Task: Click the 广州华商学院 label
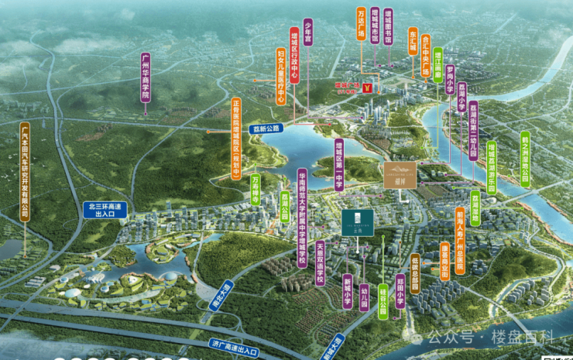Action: coord(145,77)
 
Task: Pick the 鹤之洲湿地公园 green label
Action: coord(524,158)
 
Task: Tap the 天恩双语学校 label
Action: coord(319,261)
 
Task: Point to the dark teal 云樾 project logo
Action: coord(357,222)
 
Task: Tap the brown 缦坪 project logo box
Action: coord(400,174)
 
